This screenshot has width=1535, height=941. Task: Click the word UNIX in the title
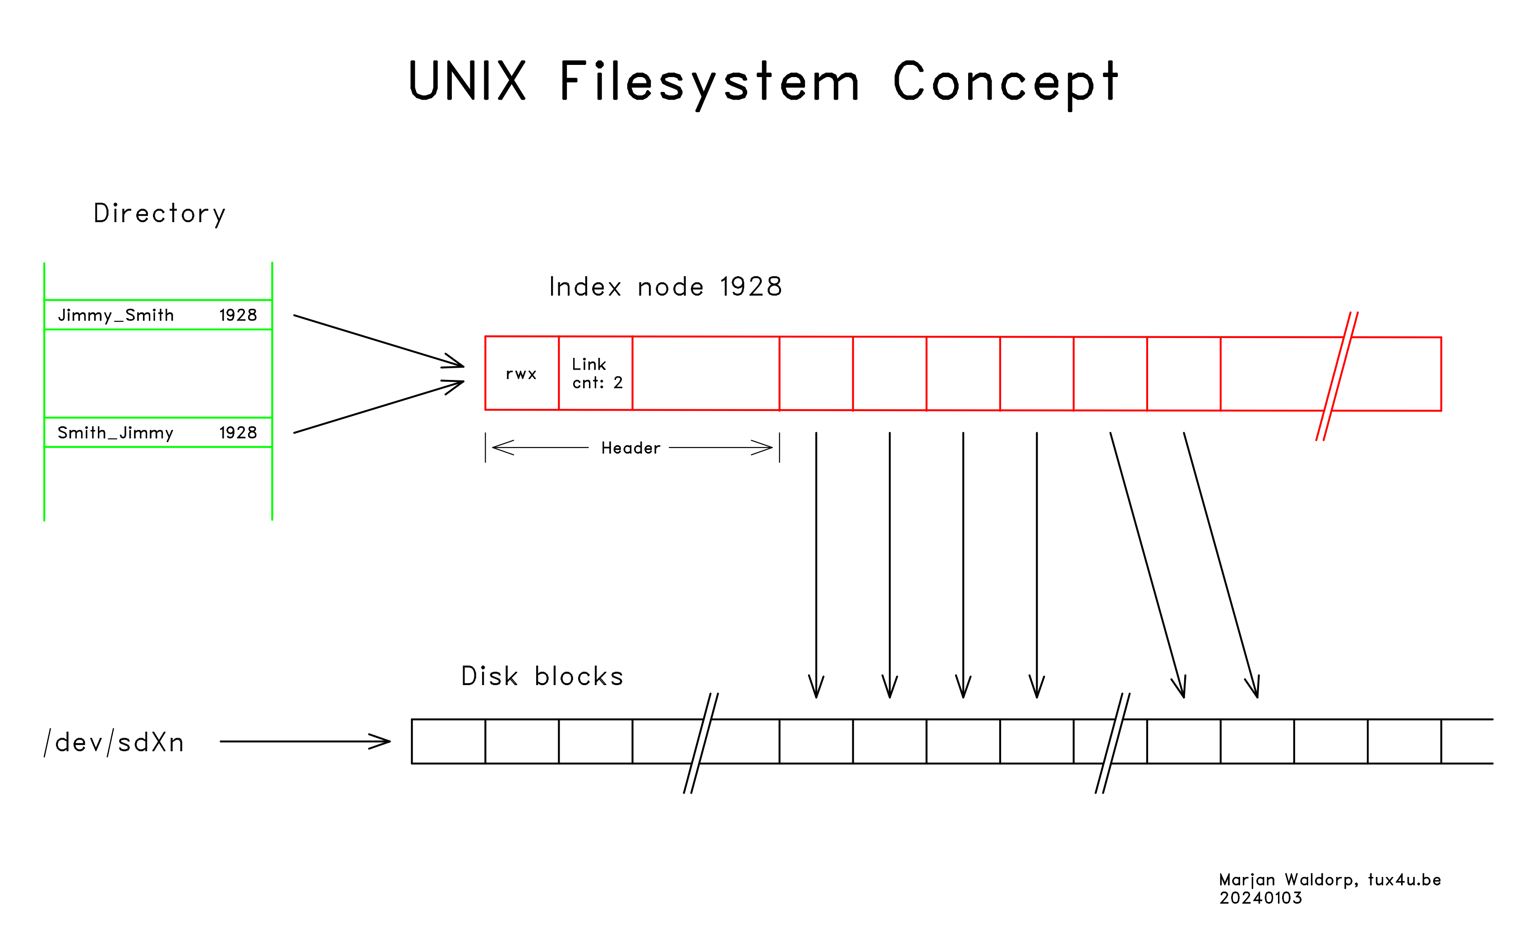click(x=467, y=81)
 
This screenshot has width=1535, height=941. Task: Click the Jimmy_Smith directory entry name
click(x=116, y=315)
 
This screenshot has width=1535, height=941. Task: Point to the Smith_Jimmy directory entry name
click(x=115, y=433)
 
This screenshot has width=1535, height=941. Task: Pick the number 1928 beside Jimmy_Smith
click(x=238, y=315)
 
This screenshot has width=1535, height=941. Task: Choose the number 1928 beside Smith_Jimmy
click(x=238, y=433)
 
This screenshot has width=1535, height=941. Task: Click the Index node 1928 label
click(x=665, y=287)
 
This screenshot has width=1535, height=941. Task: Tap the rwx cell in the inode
click(x=521, y=374)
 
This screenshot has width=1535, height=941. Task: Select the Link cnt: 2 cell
click(x=596, y=374)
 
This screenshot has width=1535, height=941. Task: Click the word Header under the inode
click(x=630, y=448)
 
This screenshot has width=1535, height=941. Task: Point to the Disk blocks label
click(x=542, y=677)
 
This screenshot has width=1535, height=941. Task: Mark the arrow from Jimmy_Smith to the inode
click(x=378, y=341)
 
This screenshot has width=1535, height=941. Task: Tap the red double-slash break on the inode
click(x=1337, y=376)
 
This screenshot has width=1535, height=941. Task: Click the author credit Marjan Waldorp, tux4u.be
click(x=1329, y=880)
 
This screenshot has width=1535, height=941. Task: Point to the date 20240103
click(x=1260, y=898)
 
